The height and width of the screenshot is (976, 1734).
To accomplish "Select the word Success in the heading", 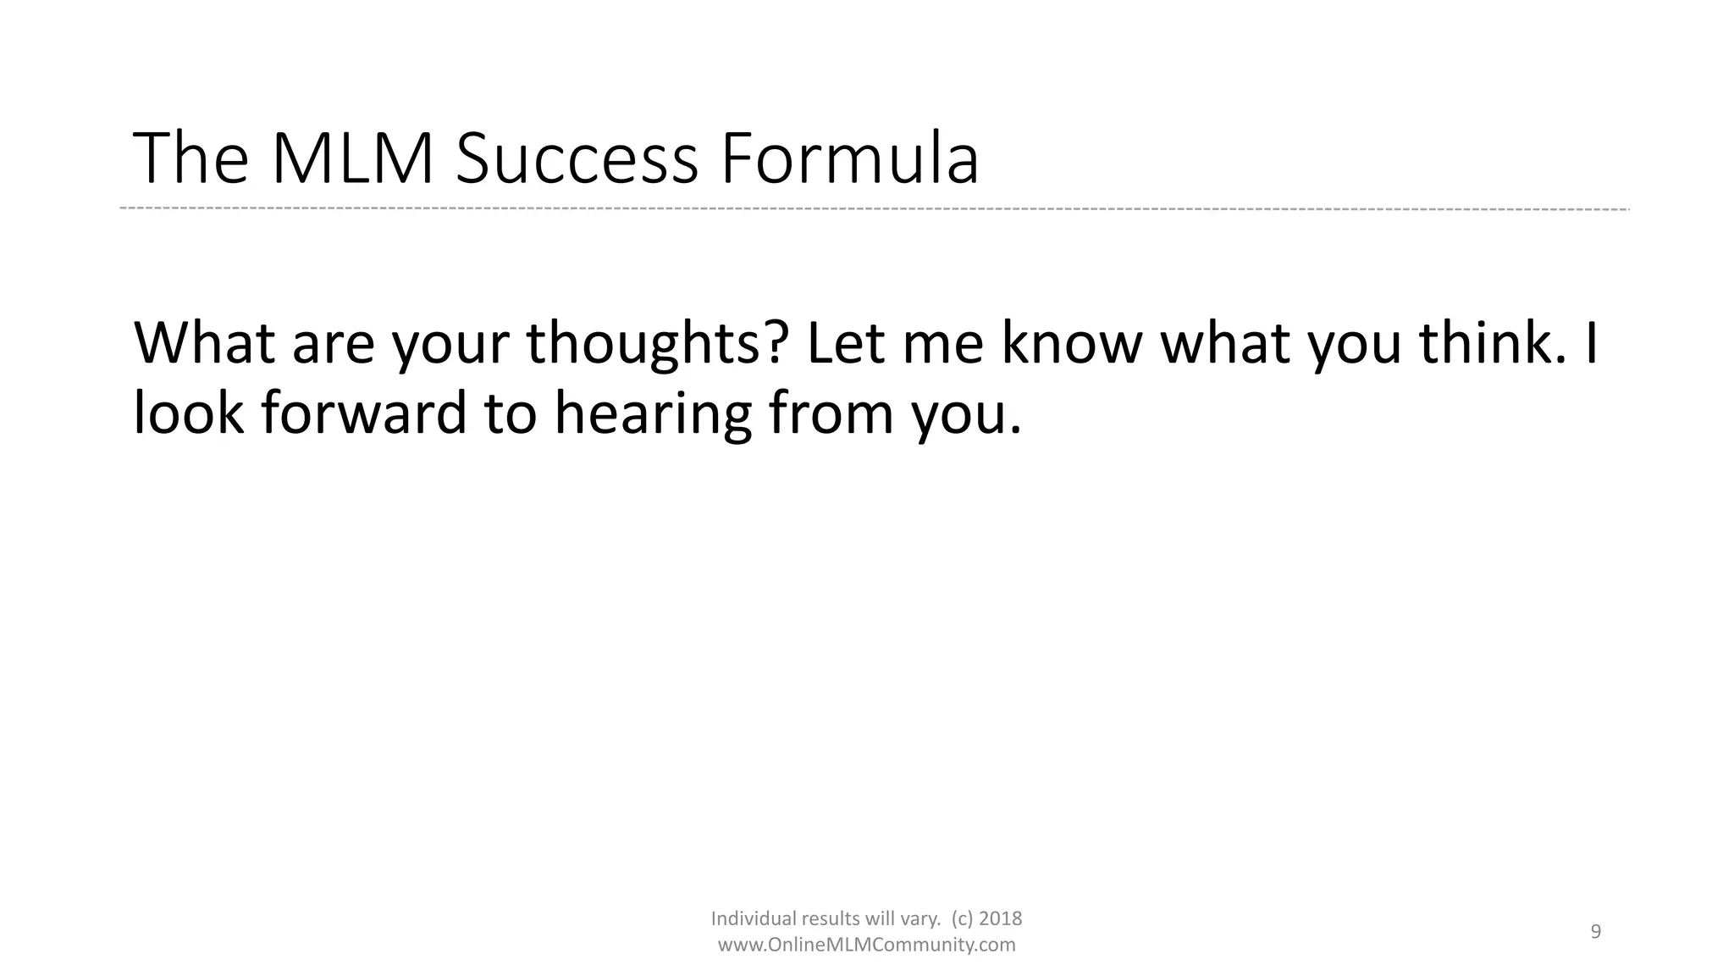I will pos(577,158).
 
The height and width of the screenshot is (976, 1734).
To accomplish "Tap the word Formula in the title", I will pos(849,158).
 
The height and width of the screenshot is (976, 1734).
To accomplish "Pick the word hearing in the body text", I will pos(653,413).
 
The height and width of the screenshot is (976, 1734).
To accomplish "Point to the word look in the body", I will pos(189,413).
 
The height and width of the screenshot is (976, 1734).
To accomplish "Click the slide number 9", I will pos(1596,932).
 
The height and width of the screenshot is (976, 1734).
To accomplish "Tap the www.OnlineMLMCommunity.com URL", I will pos(866,945).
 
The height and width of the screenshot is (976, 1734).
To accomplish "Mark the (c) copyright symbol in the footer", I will pos(963,918).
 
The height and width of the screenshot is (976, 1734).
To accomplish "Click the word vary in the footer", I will pos(925,918).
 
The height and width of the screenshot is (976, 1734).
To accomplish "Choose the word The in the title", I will pos(191,158).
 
